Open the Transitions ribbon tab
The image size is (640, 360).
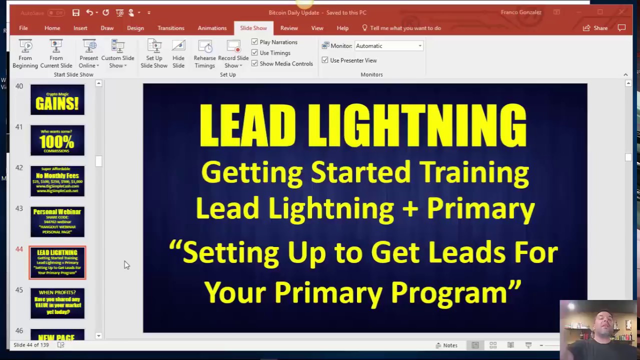(x=170, y=28)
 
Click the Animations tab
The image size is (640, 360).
(x=212, y=28)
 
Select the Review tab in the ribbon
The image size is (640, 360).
(x=289, y=28)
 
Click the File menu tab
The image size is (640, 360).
(x=23, y=28)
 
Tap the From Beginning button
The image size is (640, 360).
(x=25, y=54)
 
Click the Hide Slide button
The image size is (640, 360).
(x=178, y=54)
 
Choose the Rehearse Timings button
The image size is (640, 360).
(x=204, y=54)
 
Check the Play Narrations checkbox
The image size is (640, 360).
(x=255, y=42)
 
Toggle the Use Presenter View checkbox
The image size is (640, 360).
(x=325, y=60)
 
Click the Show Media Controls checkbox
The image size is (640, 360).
(x=255, y=63)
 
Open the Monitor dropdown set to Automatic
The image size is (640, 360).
(x=389, y=46)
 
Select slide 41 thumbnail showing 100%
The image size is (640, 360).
(x=57, y=140)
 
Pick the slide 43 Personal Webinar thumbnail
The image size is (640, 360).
(x=57, y=221)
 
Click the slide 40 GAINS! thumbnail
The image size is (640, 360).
(x=57, y=99)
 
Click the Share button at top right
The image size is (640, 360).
(x=595, y=28)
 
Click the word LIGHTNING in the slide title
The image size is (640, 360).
(x=417, y=125)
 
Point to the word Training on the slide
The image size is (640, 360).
(x=474, y=172)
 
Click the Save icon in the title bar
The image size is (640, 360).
(x=75, y=12)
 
